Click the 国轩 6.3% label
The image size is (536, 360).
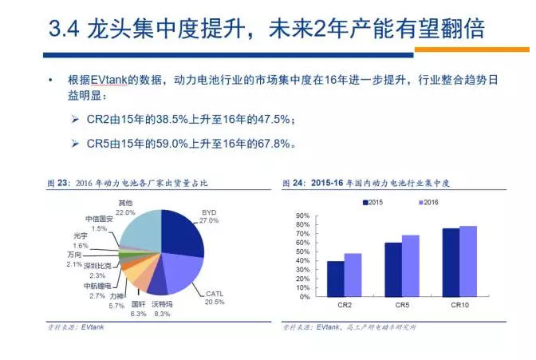click(x=138, y=309)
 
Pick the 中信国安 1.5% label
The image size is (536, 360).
click(x=99, y=223)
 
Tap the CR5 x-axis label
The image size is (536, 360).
click(x=401, y=305)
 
